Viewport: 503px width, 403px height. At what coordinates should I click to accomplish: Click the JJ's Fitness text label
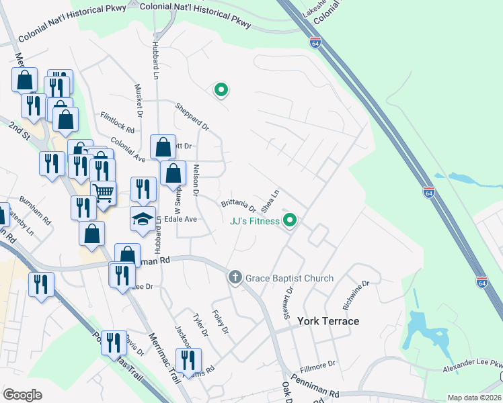coord(254,221)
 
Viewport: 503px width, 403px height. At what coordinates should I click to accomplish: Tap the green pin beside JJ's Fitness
coord(291,220)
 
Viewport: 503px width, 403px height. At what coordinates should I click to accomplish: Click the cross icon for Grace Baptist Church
coord(235,277)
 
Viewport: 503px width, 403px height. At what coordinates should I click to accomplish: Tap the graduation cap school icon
coord(143,219)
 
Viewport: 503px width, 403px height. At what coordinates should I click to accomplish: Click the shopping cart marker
coord(104,193)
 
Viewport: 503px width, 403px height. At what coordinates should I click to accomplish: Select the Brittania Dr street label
coord(239,204)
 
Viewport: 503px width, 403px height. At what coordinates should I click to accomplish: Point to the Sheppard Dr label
coord(192,117)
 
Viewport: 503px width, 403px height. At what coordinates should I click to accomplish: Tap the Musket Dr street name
coord(139,99)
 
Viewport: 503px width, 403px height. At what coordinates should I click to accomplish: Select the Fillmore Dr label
coord(317,364)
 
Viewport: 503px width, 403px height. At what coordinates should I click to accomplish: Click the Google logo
coord(22,394)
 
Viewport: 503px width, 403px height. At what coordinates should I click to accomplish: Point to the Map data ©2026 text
coord(474,398)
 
